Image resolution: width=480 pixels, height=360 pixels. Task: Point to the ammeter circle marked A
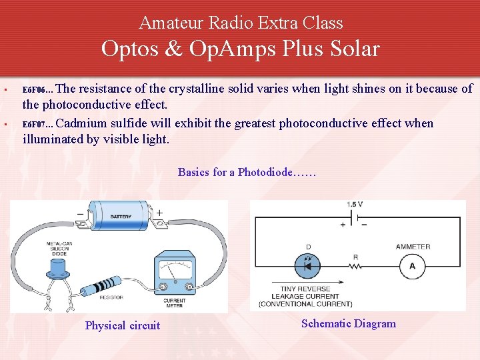pyautogui.click(x=412, y=267)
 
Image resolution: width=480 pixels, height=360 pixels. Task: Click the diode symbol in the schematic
pyautogui.click(x=307, y=266)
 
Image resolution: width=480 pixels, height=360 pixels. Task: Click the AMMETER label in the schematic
pyautogui.click(x=413, y=247)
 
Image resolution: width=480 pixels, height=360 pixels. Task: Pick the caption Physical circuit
pyautogui.click(x=123, y=325)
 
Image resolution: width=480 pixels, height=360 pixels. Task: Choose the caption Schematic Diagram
pyautogui.click(x=348, y=324)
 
